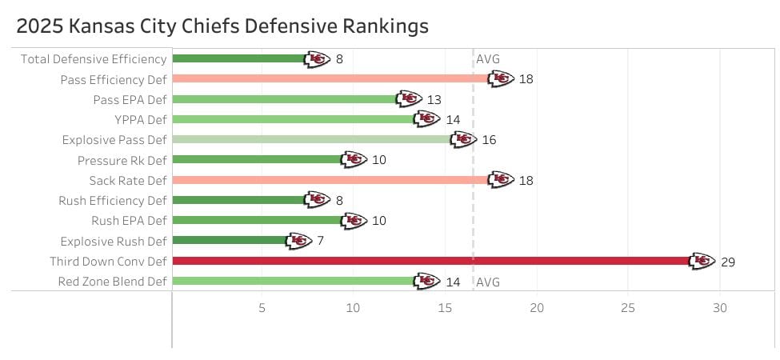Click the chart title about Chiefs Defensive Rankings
[222, 26]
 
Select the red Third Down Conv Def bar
[432, 261]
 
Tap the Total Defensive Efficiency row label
[94, 58]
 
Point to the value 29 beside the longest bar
[727, 262]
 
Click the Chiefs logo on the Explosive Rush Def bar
[298, 241]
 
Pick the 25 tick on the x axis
[628, 307]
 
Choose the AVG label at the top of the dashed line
[488, 58]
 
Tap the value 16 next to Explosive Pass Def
[489, 140]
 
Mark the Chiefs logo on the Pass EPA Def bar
[409, 99]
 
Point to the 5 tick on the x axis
[262, 307]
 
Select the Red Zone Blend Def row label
[113, 282]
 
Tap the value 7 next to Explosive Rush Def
[320, 241]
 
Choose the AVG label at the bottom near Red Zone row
[488, 282]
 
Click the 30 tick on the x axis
[720, 307]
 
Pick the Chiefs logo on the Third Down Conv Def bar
[702, 261]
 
